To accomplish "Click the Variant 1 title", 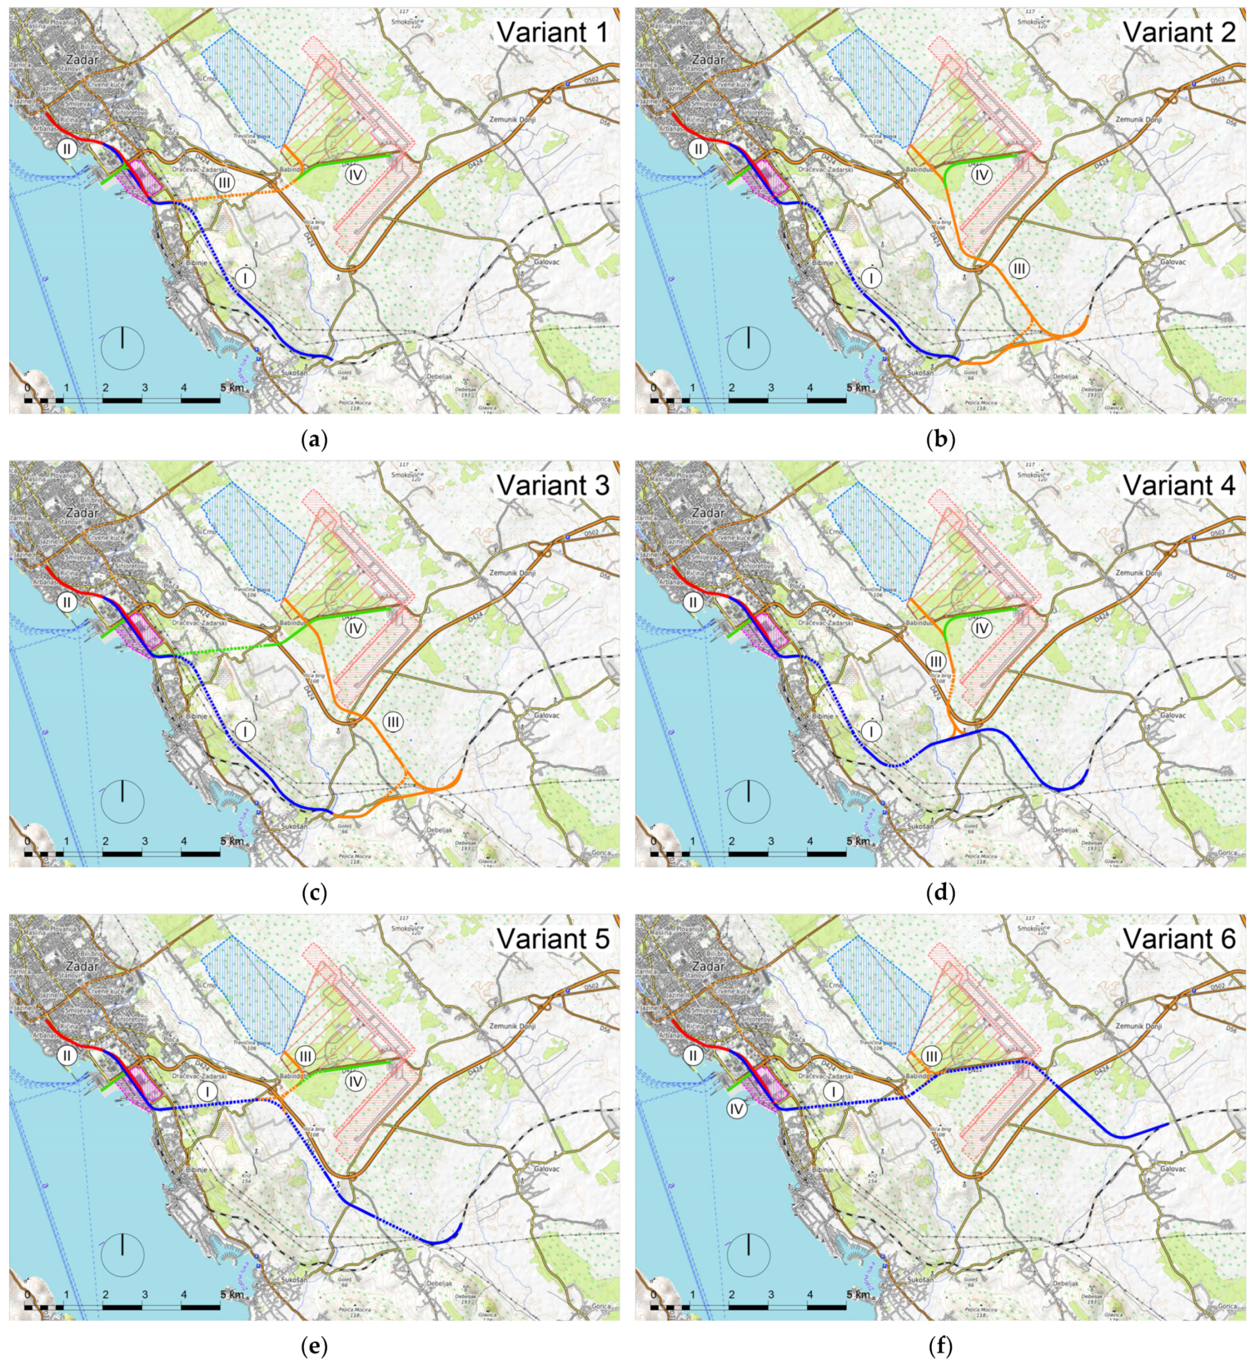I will click(x=551, y=32).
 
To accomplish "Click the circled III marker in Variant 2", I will click(x=1018, y=269).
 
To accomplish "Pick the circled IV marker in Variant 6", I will click(x=736, y=1109).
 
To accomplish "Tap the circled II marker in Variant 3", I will click(x=66, y=601).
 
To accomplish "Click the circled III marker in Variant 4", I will click(x=936, y=661).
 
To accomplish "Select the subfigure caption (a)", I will click(x=314, y=440).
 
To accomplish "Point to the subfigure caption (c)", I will click(x=314, y=893).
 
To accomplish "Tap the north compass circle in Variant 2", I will click(x=749, y=348).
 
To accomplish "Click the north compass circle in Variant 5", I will click(x=122, y=1254).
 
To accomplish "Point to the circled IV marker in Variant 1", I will click(x=355, y=175).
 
